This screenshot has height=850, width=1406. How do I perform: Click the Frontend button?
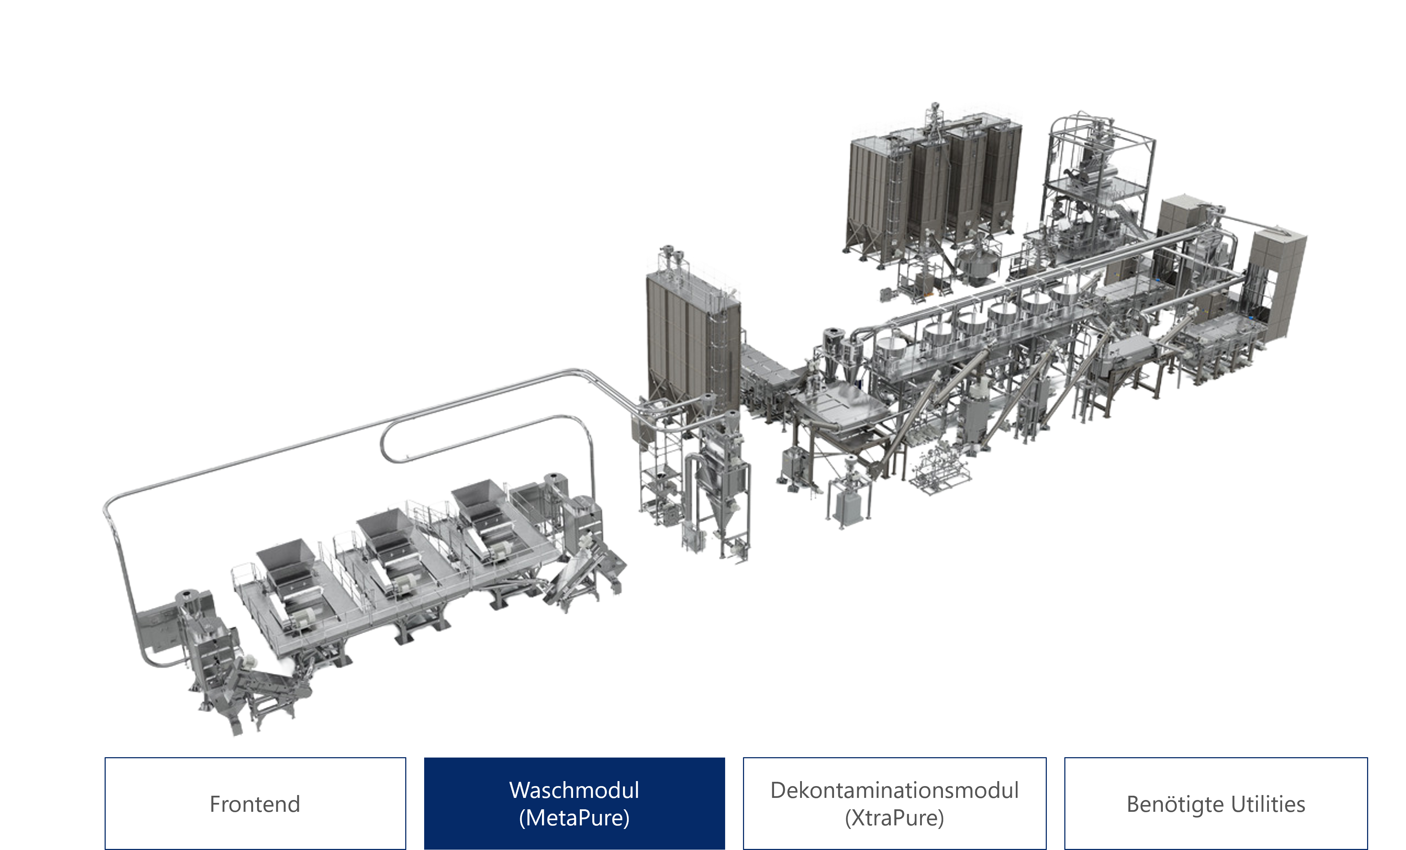click(255, 803)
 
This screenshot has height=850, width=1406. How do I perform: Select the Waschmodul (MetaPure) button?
click(574, 803)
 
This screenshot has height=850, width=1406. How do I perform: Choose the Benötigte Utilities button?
click(1216, 803)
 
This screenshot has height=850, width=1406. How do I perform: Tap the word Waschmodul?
click(574, 790)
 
